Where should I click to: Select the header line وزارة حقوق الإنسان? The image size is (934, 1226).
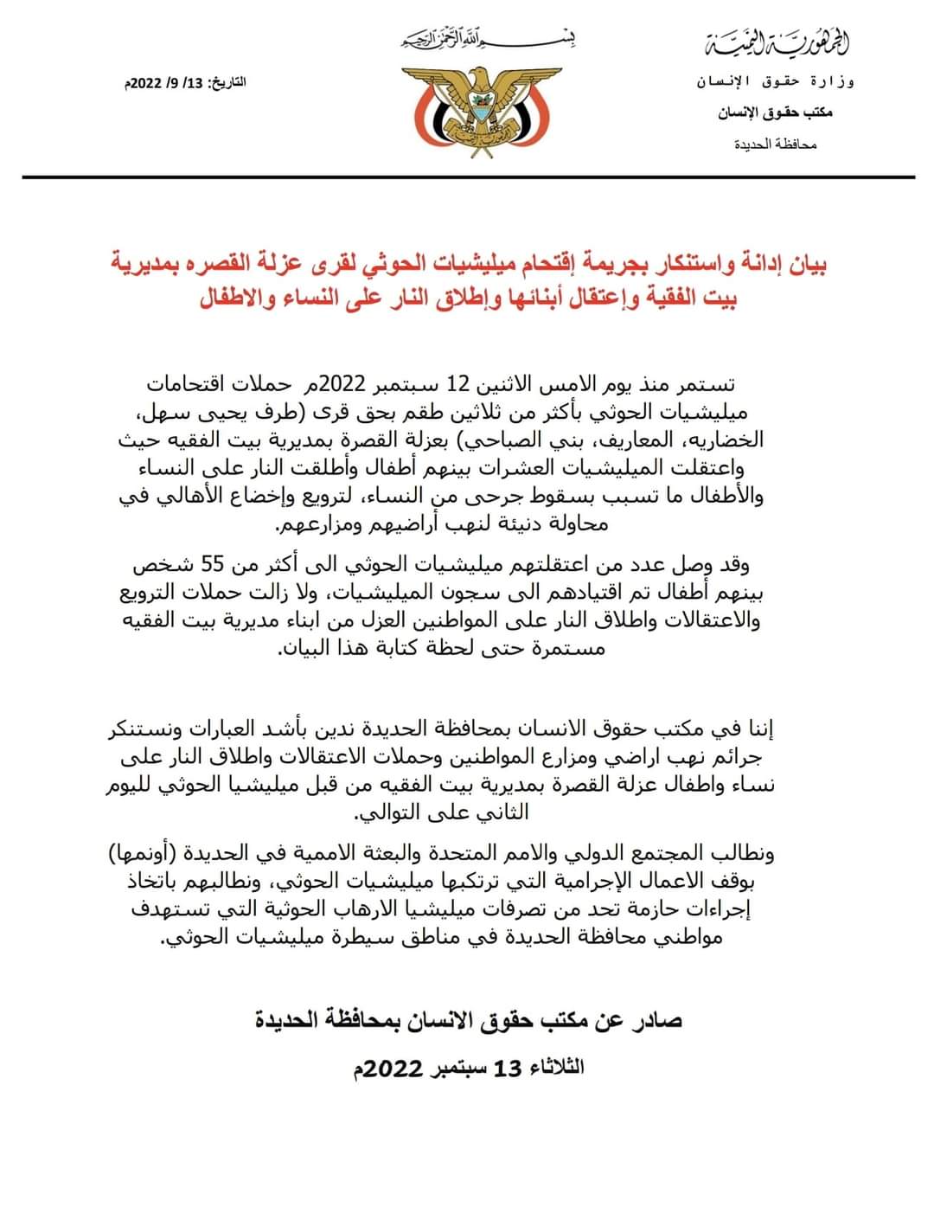tap(776, 82)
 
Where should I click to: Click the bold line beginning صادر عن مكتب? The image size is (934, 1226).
tap(468, 1020)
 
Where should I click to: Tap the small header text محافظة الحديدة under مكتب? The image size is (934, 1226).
tap(776, 144)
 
